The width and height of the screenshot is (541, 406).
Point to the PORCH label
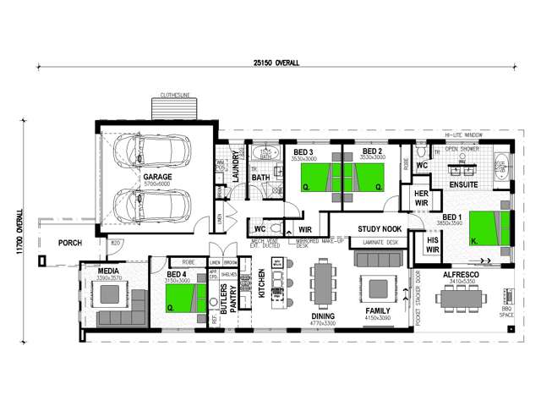click(70, 244)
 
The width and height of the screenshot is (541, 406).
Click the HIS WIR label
click(433, 244)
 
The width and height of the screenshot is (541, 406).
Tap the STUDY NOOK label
click(379, 229)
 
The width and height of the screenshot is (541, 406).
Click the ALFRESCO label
click(462, 274)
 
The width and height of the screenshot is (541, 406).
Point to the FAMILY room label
click(377, 311)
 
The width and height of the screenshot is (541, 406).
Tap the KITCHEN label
click(262, 286)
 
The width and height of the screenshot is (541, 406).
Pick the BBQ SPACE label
click(506, 314)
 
